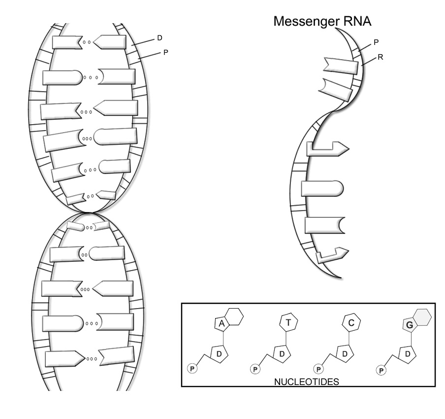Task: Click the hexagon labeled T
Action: [x=286, y=323]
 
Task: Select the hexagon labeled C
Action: [x=350, y=323]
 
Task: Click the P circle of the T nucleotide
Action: [x=254, y=368]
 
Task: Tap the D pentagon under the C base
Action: [x=345, y=353]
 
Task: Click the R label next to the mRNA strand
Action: [x=381, y=58]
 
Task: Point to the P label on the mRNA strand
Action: [x=376, y=42]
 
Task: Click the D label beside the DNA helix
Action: [x=159, y=37]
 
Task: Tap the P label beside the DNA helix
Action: [x=165, y=51]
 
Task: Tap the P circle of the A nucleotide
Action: [x=191, y=368]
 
